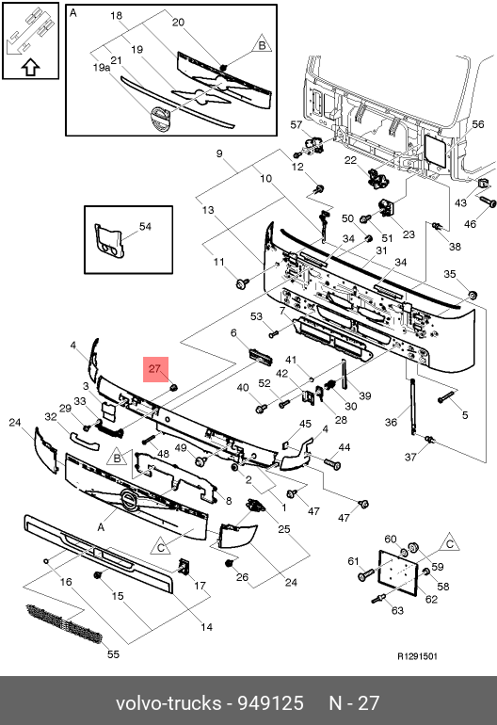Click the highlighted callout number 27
click(x=154, y=368)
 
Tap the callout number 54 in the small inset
click(x=145, y=226)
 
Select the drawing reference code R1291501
click(x=417, y=656)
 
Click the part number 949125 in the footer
click(x=270, y=702)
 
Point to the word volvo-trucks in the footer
click(x=168, y=702)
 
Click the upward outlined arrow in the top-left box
click(x=30, y=67)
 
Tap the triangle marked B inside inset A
click(x=262, y=44)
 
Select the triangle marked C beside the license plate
click(x=449, y=542)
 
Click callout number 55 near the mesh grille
click(x=113, y=653)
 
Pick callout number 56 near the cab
click(x=477, y=124)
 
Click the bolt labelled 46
click(x=488, y=201)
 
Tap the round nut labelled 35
click(x=473, y=295)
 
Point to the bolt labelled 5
click(x=445, y=397)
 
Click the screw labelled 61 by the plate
click(x=365, y=575)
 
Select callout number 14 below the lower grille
click(x=206, y=626)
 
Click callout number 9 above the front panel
click(x=219, y=153)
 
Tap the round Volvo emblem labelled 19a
click(x=159, y=118)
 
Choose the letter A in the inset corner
click(x=73, y=13)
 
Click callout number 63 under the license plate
click(x=397, y=610)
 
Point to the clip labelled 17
click(x=184, y=567)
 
